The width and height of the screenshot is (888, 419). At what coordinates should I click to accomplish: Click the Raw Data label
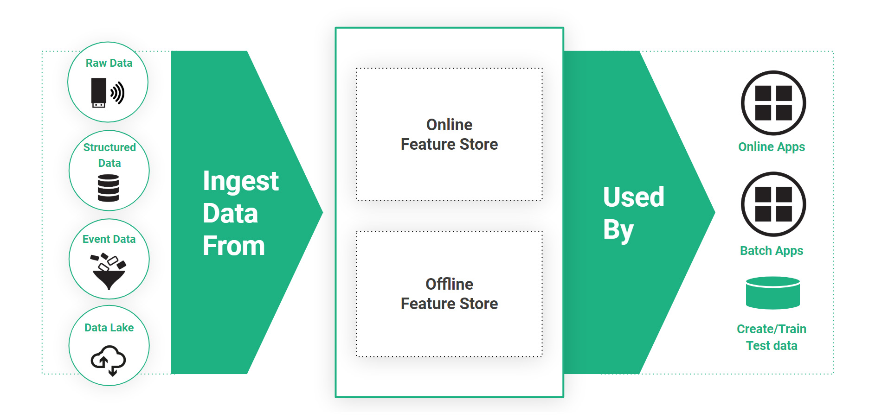[109, 63]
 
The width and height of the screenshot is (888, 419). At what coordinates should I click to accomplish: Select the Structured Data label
[109, 155]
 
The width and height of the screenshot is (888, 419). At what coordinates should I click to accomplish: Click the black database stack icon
[109, 188]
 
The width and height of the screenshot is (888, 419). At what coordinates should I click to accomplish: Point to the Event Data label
[109, 239]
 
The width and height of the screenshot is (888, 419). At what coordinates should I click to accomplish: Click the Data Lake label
[109, 328]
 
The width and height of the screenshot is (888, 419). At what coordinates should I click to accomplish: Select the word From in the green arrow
[234, 246]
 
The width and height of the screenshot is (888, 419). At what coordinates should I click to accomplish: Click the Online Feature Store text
[449, 134]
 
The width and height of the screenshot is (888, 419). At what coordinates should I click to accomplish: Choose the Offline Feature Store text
[449, 294]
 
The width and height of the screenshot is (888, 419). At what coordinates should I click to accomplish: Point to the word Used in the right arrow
[634, 197]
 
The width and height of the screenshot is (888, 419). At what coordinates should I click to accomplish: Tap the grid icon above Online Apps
[773, 103]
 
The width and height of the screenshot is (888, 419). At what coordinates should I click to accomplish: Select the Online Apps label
[772, 147]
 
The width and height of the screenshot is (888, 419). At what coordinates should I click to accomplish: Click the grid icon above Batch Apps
[773, 204]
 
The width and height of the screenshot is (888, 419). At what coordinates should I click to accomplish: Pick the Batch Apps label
[772, 251]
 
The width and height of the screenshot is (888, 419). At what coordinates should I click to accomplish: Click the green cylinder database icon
[773, 293]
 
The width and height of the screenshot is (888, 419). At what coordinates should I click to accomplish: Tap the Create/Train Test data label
[772, 337]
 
